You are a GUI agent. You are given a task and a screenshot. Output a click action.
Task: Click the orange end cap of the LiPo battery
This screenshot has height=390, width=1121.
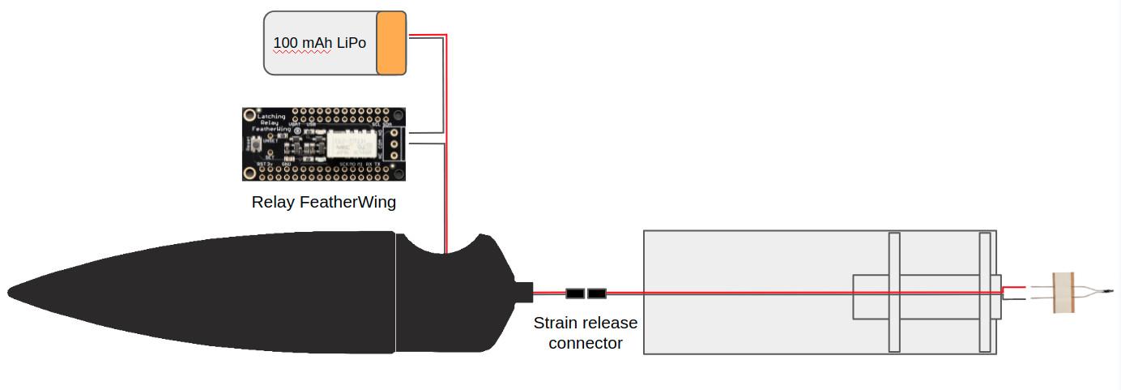(391, 43)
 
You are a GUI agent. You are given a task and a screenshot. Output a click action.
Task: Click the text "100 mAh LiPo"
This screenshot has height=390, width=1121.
(319, 43)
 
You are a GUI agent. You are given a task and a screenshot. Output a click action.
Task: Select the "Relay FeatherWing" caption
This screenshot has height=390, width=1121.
(324, 202)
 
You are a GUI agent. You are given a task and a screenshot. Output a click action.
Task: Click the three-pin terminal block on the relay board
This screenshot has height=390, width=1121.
(394, 144)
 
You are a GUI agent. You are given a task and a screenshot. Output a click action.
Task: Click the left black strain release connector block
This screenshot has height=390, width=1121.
(575, 293)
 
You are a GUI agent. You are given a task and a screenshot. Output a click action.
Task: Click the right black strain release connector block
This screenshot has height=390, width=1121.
(597, 293)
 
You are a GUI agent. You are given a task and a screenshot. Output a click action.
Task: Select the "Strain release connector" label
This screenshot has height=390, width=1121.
(585, 332)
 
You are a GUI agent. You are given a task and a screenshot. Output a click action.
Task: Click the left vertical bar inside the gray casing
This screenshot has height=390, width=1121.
(894, 292)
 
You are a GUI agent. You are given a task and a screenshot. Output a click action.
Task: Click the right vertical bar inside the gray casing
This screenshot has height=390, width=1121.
(985, 292)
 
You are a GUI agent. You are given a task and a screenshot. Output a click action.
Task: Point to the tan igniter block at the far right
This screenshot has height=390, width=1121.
(1063, 293)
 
